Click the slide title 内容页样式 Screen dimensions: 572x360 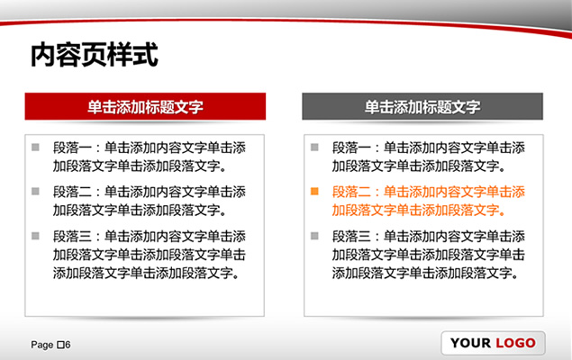tap(94, 55)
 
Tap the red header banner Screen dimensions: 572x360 tap(145, 106)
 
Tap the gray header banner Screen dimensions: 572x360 tap(422, 106)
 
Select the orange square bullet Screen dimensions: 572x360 tap(314, 192)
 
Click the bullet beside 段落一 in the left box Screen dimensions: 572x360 tap(35, 148)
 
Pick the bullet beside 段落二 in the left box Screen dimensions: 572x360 tap(35, 192)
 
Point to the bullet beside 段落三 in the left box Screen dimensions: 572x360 tap(35, 236)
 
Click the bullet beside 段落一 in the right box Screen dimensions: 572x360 tap(314, 148)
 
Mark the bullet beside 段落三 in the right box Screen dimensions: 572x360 tap(314, 236)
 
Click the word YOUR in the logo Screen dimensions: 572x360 tap(470, 343)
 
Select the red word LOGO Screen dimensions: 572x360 tap(515, 343)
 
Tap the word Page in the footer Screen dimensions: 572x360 tap(42, 345)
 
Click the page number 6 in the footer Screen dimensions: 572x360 tap(68, 345)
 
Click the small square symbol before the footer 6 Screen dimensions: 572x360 tap(61, 345)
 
